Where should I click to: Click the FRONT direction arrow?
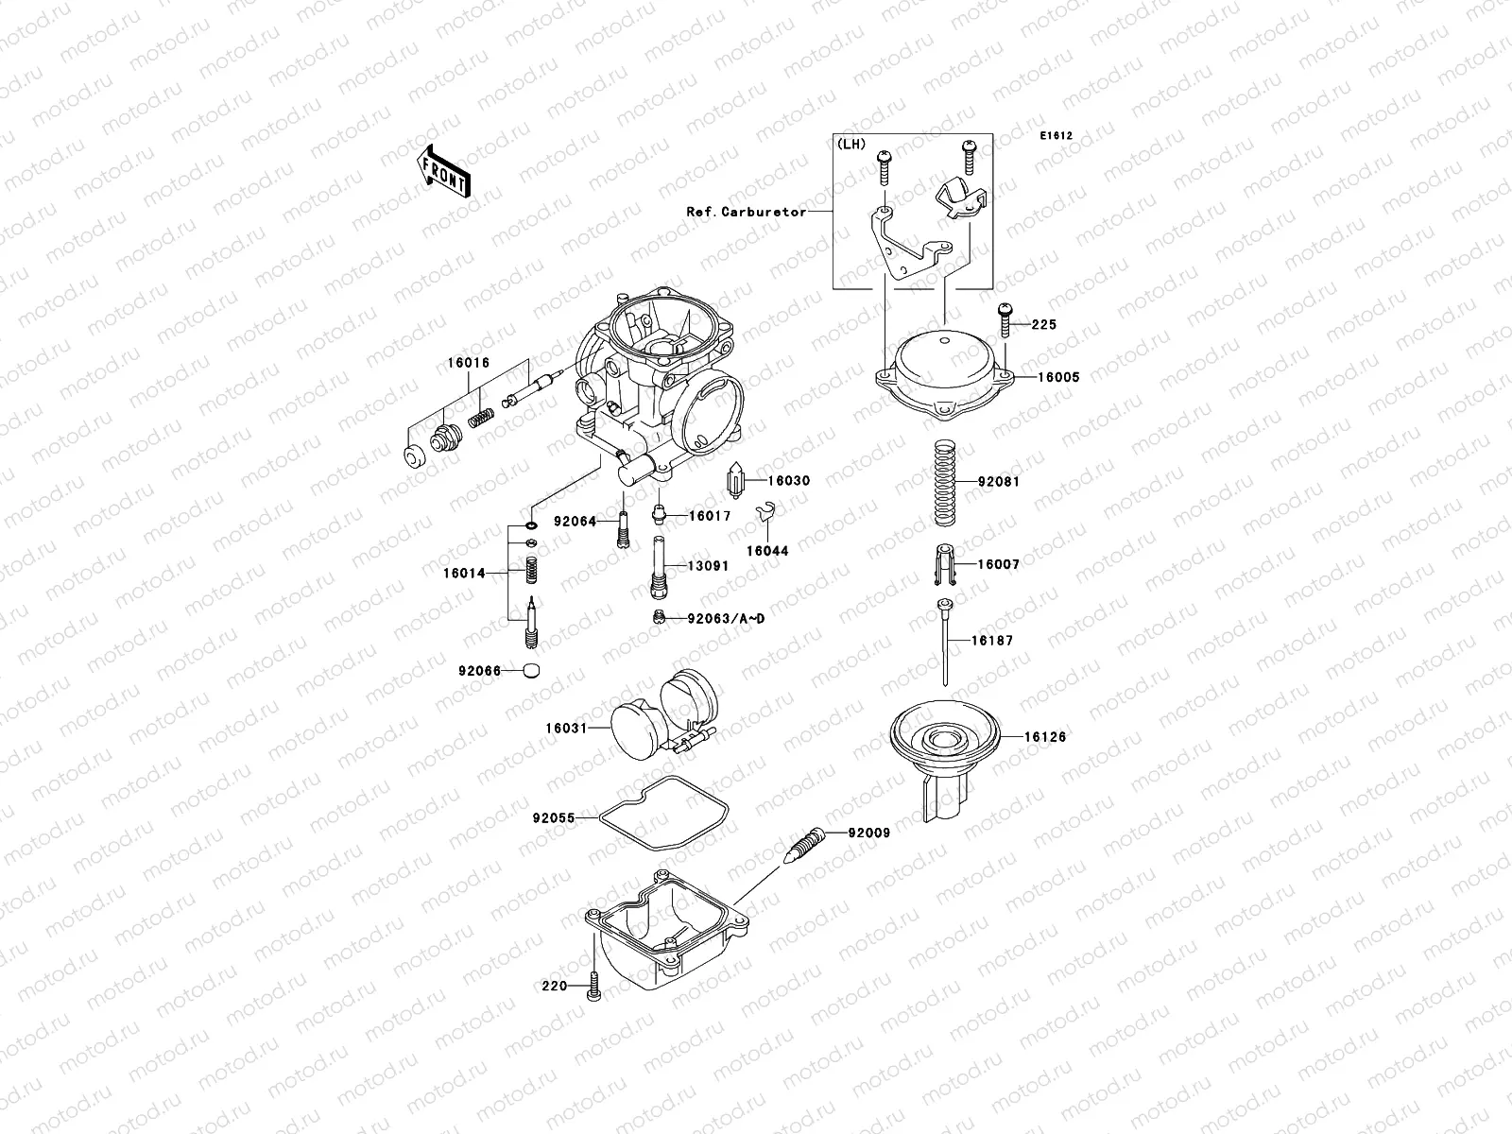(x=444, y=171)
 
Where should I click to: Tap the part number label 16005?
(x=1032, y=377)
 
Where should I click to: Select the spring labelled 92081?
(x=946, y=483)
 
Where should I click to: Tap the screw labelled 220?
(x=593, y=986)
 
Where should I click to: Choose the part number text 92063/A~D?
(x=726, y=618)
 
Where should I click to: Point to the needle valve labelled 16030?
(x=737, y=481)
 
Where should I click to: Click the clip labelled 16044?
(x=768, y=516)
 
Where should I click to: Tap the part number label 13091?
(x=708, y=566)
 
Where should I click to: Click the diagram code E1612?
(x=1057, y=136)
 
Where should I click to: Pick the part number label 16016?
(x=469, y=363)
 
